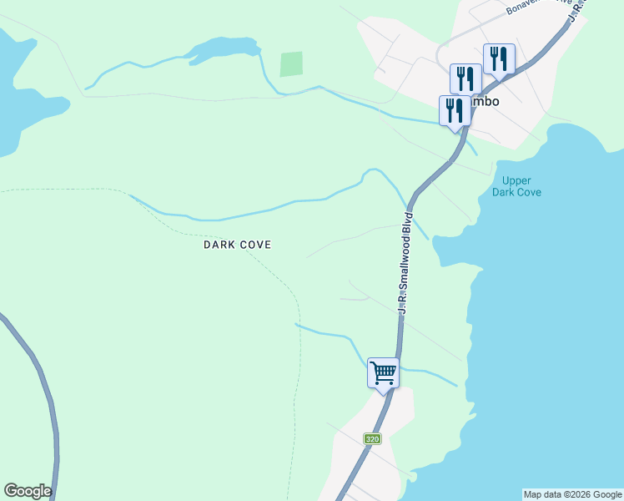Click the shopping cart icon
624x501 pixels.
[383, 372]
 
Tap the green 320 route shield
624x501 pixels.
[373, 438]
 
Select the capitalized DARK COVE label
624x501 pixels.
[238, 245]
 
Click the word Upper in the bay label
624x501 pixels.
[517, 180]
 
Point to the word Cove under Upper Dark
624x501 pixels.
[528, 192]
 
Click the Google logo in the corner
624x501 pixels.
[28, 491]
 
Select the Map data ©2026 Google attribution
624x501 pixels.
[572, 494]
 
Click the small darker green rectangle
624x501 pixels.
[291, 64]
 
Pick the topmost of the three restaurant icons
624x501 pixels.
[498, 58]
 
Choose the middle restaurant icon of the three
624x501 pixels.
[465, 79]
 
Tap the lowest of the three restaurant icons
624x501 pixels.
[455, 111]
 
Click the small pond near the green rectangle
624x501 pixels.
[222, 49]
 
